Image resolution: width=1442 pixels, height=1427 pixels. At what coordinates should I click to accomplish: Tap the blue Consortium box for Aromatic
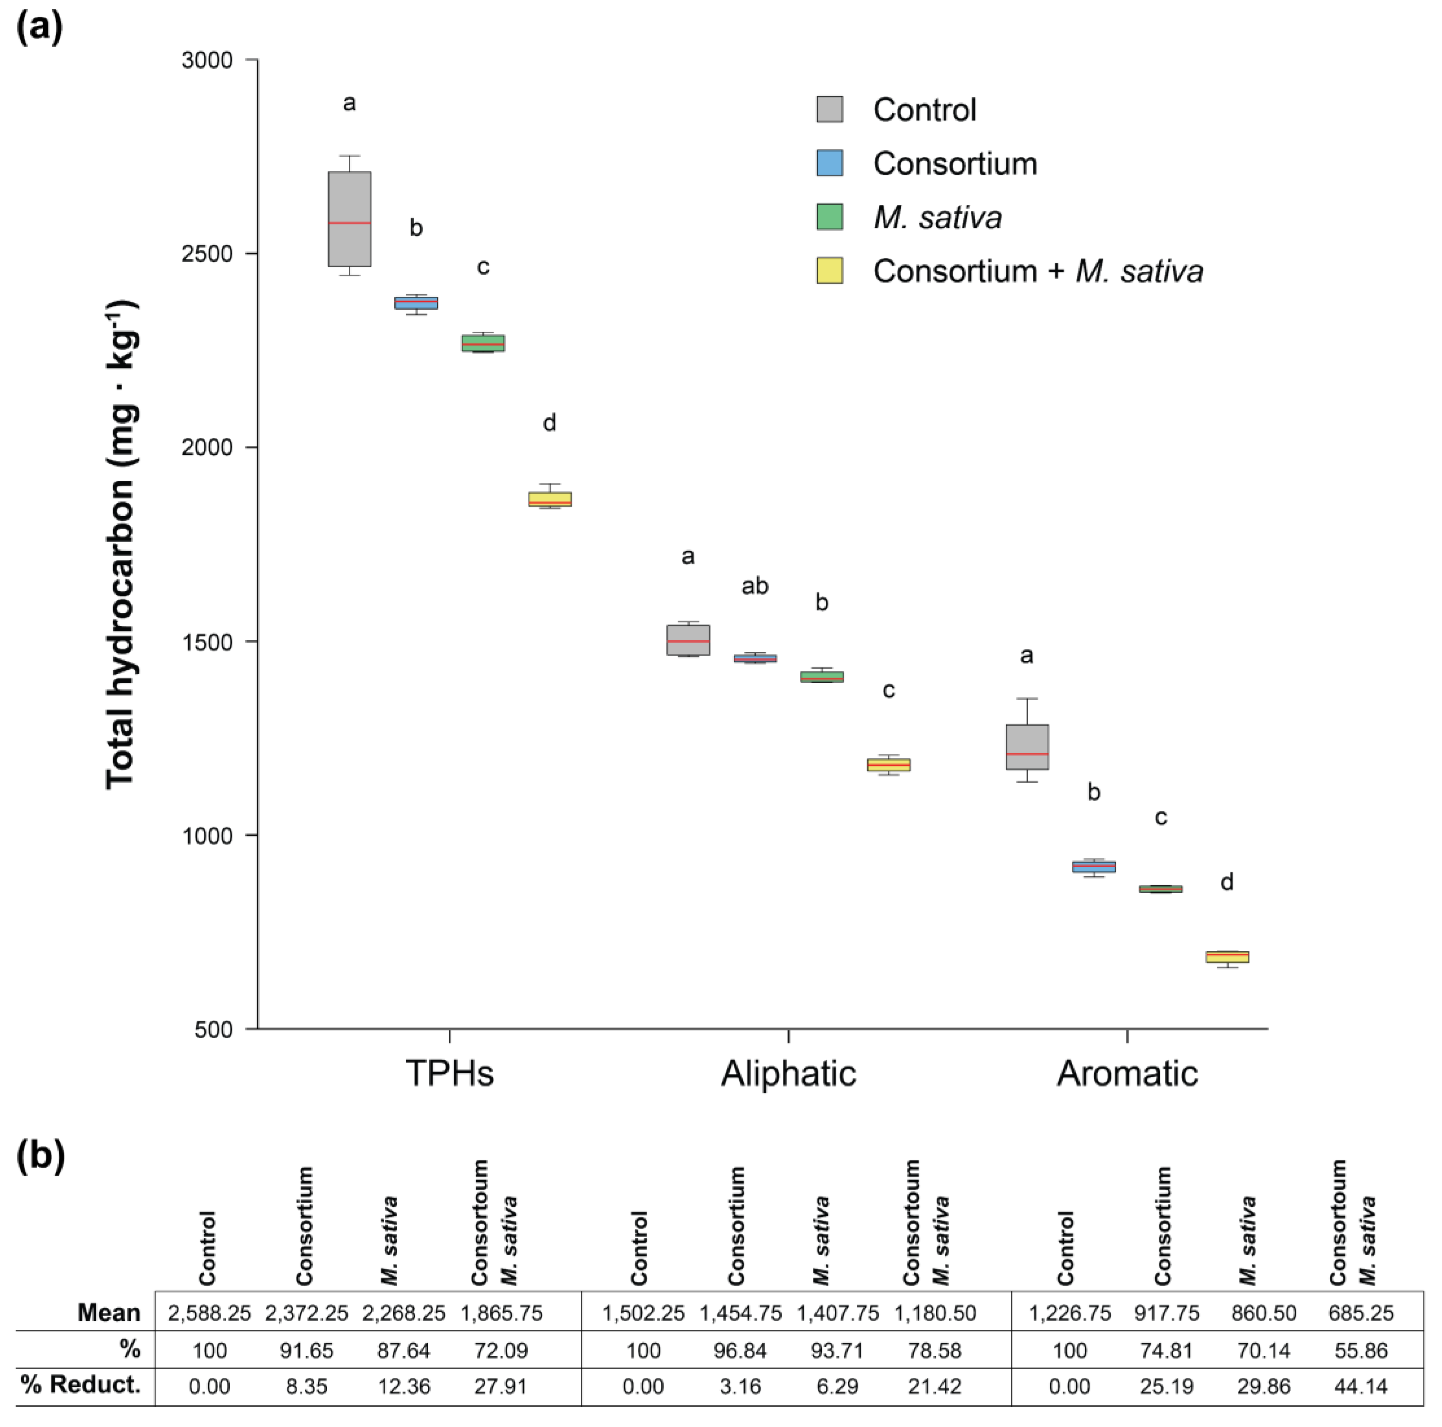tap(1093, 866)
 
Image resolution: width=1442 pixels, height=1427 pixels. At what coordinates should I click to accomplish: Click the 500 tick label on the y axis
tap(214, 1030)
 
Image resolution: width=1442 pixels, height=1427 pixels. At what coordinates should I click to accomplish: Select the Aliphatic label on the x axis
tap(788, 1074)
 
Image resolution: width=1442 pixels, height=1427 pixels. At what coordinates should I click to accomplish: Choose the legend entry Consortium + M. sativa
tap(1037, 271)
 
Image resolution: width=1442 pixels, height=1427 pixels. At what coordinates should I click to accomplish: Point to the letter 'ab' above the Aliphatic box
tap(754, 587)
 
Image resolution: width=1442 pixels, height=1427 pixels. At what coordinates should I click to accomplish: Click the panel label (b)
tap(40, 1156)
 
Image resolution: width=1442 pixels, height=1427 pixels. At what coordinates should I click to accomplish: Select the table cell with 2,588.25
tap(209, 1313)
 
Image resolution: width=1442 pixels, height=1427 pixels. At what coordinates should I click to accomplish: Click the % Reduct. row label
tap(81, 1385)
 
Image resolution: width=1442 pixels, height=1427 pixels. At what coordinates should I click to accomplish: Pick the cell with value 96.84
tap(740, 1350)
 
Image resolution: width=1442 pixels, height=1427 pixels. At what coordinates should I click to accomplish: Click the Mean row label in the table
tap(109, 1313)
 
